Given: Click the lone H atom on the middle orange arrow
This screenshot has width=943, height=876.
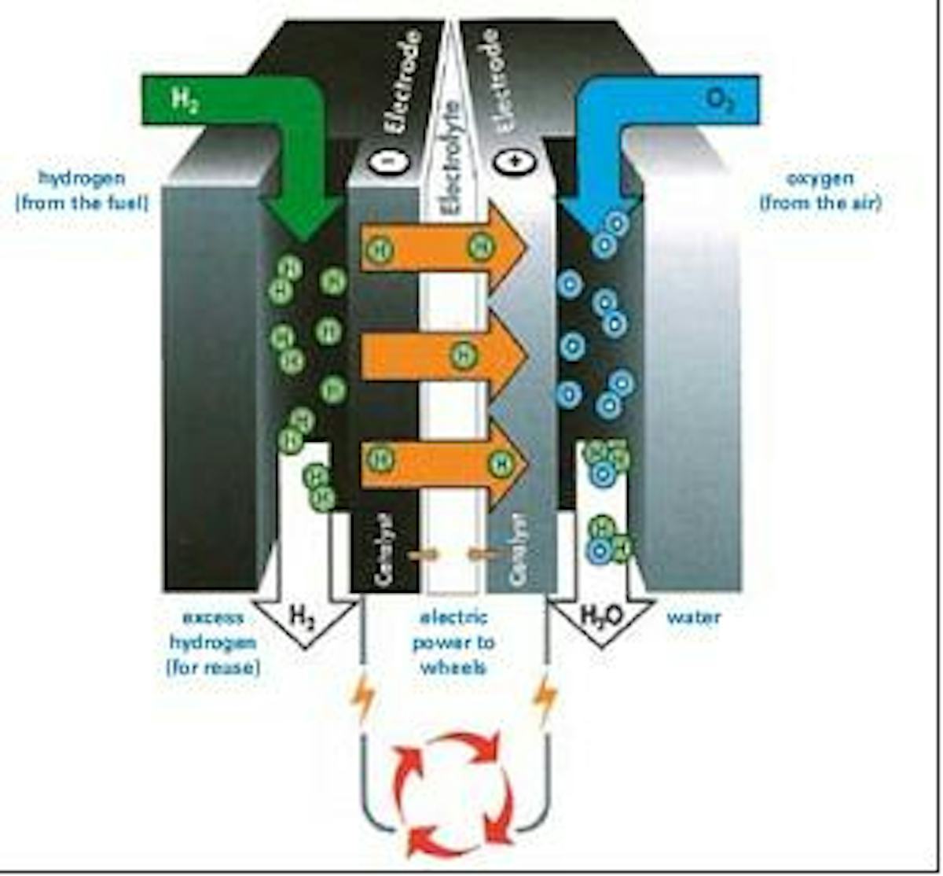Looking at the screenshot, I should pos(464,355).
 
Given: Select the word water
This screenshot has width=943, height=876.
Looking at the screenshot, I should pos(693,617).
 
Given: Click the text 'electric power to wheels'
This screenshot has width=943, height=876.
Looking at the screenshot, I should pos(453,642).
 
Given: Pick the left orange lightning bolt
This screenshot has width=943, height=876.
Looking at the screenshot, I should pos(363,699).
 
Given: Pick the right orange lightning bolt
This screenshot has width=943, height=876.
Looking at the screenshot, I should pos(545,697).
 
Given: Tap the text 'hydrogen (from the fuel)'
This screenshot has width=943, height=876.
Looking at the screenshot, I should pos(82,191).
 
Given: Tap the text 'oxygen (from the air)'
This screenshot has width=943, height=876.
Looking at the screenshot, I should pos(820,191).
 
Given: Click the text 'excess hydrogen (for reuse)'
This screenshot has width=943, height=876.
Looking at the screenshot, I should pos(212,642).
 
